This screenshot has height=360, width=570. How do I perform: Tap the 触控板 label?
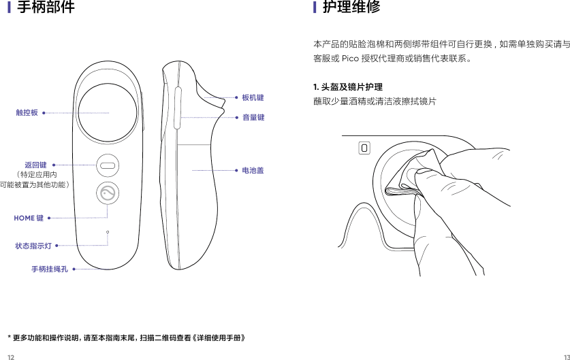pos(27,113)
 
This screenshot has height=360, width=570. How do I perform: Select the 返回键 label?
pos(35,165)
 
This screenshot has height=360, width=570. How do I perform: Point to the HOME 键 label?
pos(29,218)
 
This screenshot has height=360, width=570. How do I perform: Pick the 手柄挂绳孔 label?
pos(49,269)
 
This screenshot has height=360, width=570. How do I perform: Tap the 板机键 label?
pos(253,98)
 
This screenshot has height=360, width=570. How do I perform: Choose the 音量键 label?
pos(253,118)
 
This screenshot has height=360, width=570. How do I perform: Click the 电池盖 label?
pos(253,170)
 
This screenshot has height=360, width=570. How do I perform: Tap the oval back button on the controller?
pos(108,165)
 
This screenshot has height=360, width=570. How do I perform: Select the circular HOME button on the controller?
pos(108,194)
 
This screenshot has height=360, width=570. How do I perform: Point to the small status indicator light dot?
pos(108,232)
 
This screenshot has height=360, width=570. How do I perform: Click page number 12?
pos(10,356)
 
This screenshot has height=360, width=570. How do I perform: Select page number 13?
pos(565,356)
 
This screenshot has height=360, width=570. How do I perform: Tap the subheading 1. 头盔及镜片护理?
pos(347,87)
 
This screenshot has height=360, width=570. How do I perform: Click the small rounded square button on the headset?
pos(364,148)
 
